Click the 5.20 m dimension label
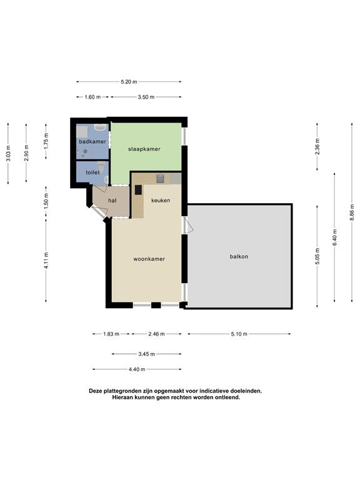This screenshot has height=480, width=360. point(129,82)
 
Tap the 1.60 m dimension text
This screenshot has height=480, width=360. point(92,97)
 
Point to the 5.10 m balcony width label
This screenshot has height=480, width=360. point(239,334)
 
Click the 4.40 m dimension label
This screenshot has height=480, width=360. point(137,369)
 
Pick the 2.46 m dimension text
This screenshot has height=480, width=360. point(156,334)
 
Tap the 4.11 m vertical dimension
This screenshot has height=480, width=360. point(46,261)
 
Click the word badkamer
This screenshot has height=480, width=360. point(92,141)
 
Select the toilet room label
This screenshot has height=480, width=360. point(92,172)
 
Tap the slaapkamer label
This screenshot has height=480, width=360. point(144,149)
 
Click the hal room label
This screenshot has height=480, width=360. point(112,201)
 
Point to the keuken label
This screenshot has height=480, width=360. point(161,201)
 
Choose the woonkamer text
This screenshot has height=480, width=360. point(149,259)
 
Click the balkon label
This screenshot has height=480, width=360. point(239,256)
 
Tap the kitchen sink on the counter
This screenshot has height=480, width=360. point(161,178)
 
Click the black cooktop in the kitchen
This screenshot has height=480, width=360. point(138,190)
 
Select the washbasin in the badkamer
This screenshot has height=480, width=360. point(100,127)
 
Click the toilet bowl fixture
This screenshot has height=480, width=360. point(102,166)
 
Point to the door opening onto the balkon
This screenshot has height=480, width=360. point(187,225)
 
